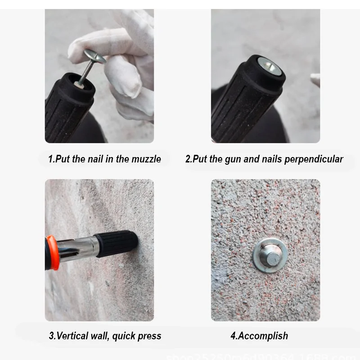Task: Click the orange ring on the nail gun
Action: (x=52, y=252)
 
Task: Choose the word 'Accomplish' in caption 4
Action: (x=263, y=336)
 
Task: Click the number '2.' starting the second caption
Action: (x=189, y=159)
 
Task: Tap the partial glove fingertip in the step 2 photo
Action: (x=315, y=80)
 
